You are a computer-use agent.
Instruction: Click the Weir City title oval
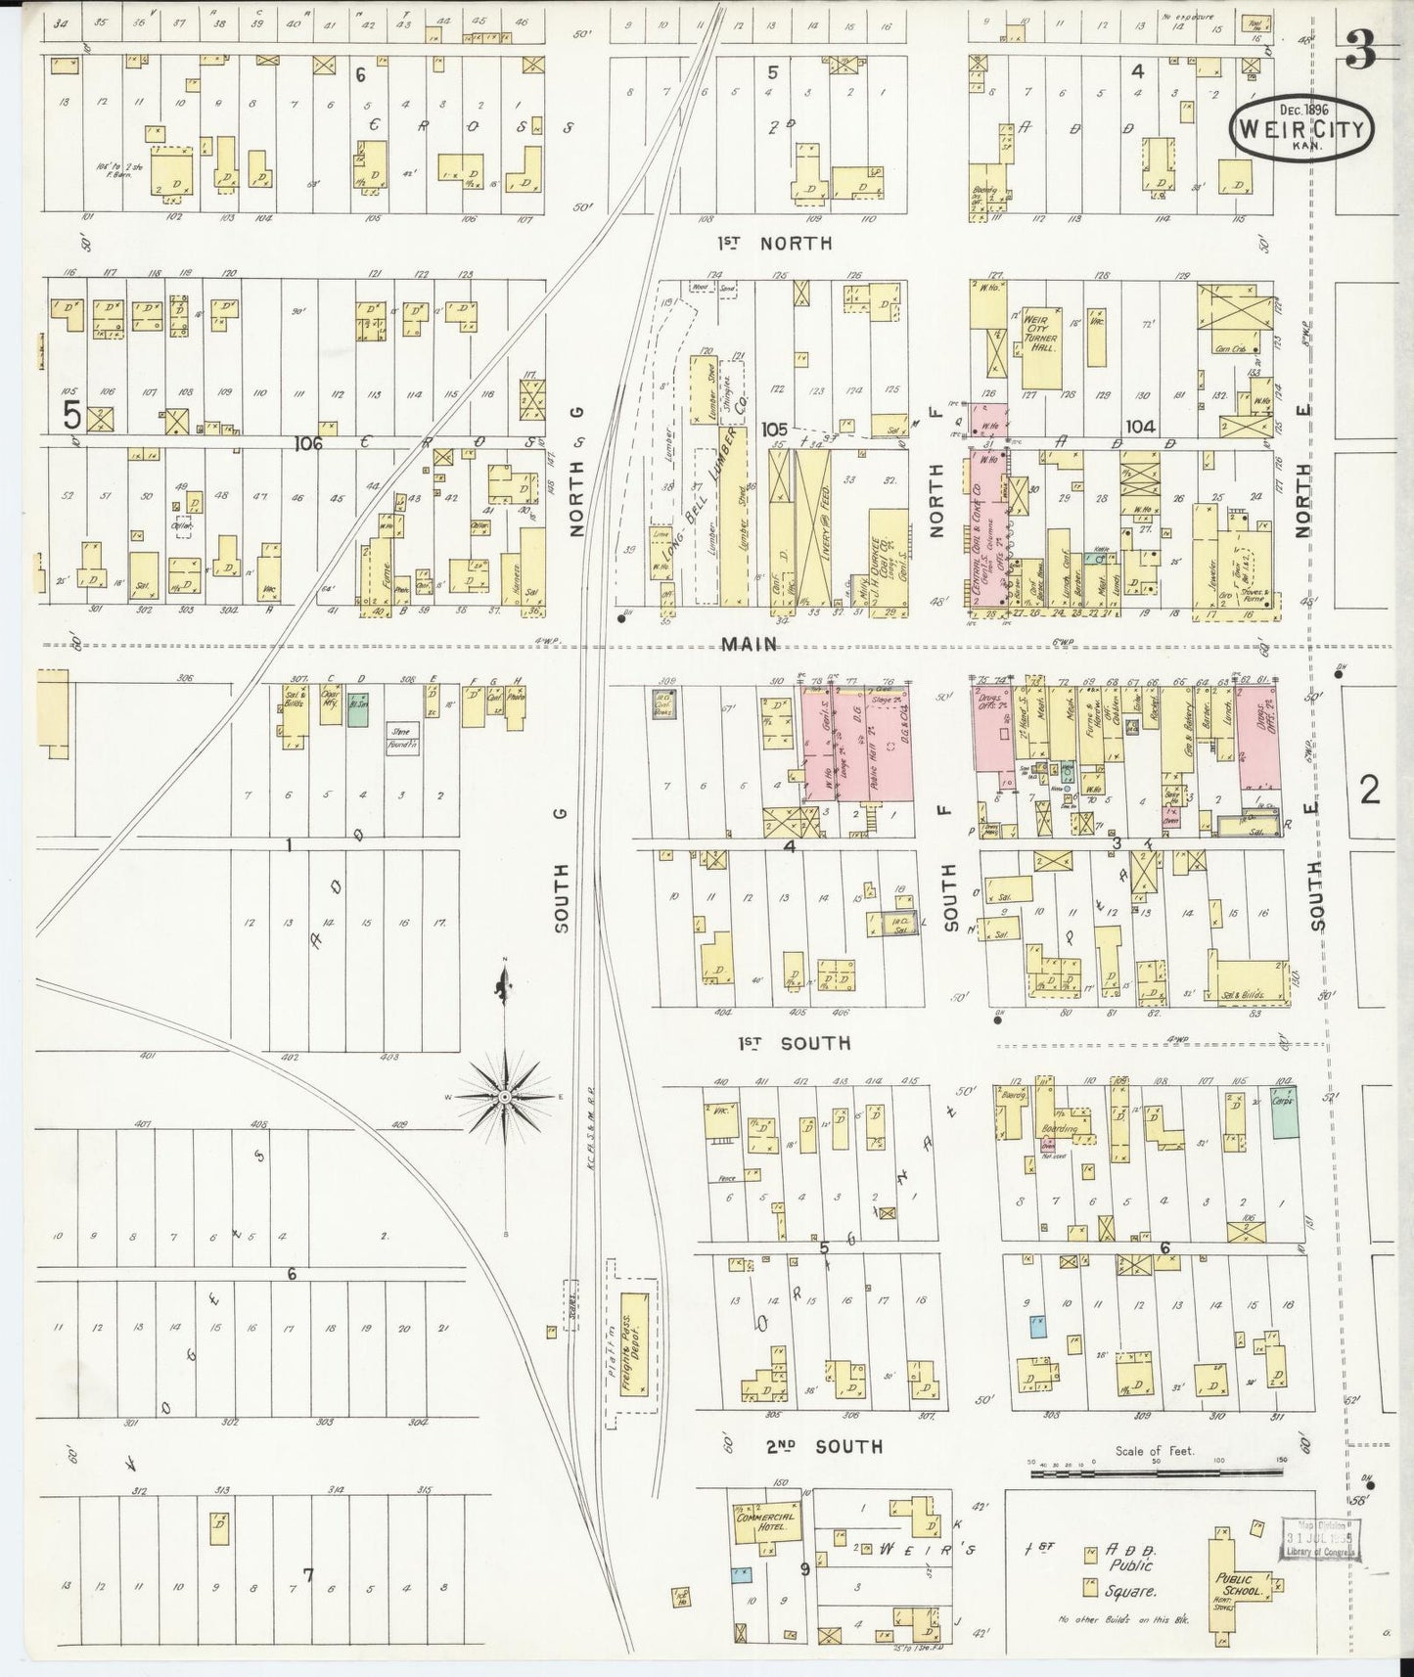pos(1302,127)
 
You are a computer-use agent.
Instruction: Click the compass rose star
pos(504,1097)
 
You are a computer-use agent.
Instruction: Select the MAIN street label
pos(751,644)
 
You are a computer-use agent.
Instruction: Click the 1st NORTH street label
pos(773,244)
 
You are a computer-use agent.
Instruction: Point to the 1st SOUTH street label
pos(794,1043)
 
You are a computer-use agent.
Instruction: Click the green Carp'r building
pos(1284,1111)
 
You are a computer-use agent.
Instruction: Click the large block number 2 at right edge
pos(1368,790)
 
